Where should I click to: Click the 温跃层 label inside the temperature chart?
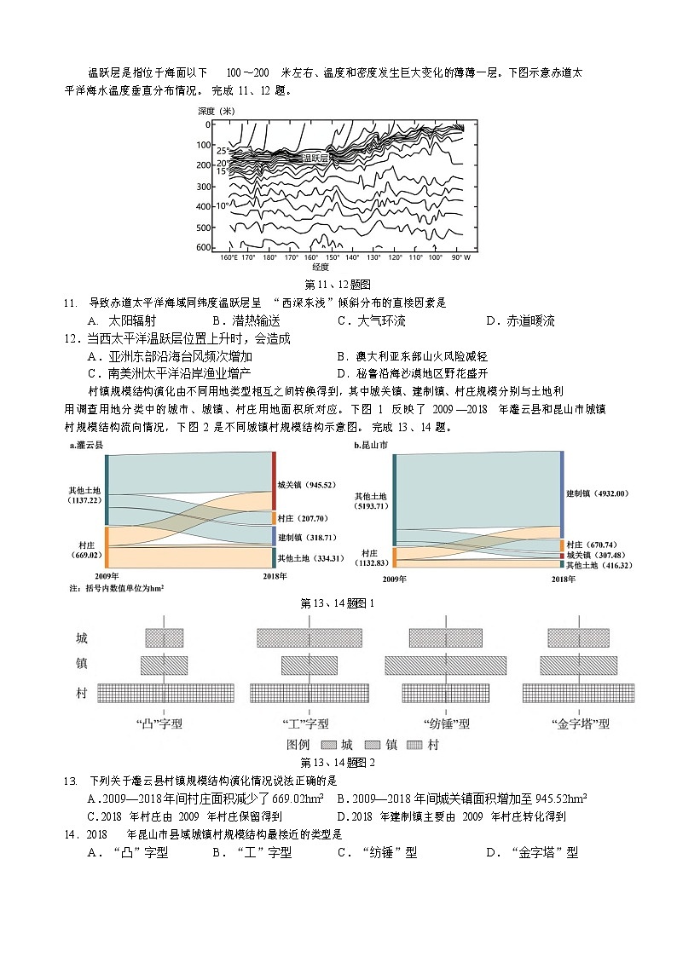pos(315,158)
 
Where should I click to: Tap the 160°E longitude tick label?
pos(229,257)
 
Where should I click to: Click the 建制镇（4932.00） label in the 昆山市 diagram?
pos(596,493)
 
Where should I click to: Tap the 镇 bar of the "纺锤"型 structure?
pos(445,666)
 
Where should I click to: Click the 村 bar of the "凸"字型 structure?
pos(165,693)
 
